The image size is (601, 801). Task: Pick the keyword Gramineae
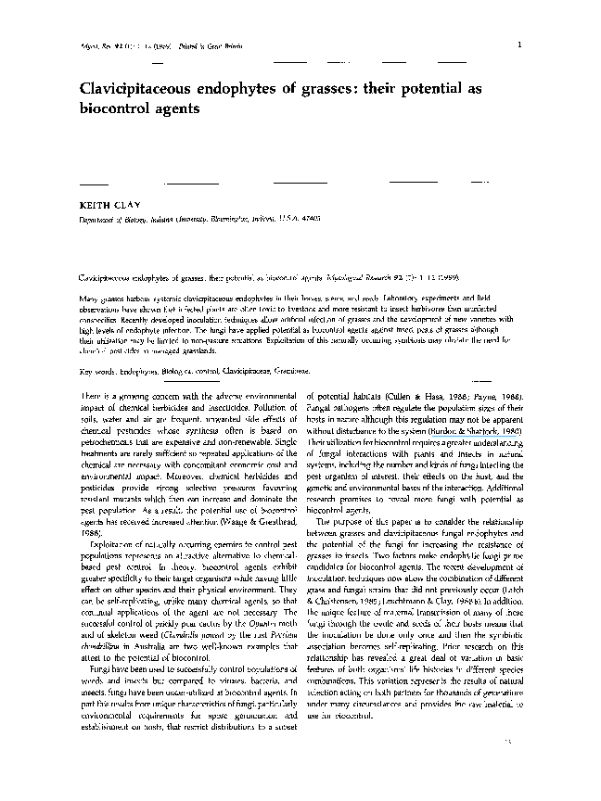click(x=300, y=371)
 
